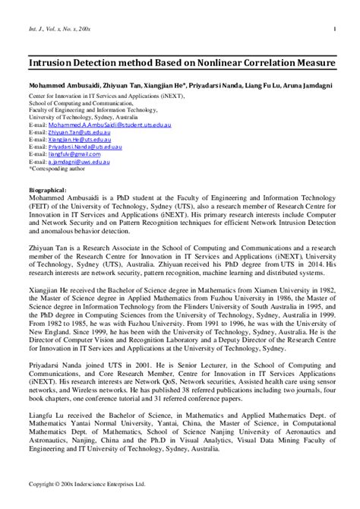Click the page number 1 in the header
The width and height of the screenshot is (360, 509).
pyautogui.click(x=334, y=30)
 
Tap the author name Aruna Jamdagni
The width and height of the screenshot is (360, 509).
pyautogui.click(x=312, y=87)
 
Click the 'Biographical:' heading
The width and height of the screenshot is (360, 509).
pyautogui.click(x=48, y=190)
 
